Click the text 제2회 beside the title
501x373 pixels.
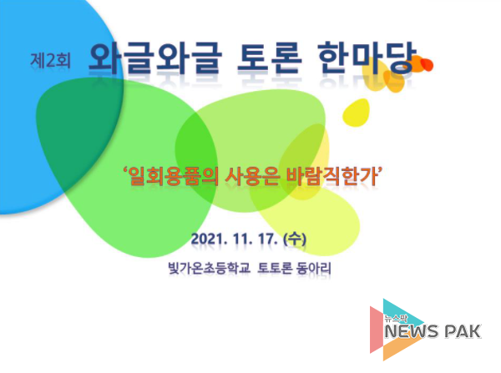coord(50,60)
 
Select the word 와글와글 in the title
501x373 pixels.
coord(155,58)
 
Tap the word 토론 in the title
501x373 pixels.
coord(270,58)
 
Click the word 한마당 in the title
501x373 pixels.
coord(367,58)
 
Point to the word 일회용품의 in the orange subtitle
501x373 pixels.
coord(174,176)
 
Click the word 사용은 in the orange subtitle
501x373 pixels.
coord(252,176)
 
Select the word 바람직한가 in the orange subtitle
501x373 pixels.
coord(331,176)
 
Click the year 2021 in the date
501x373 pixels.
coord(208,239)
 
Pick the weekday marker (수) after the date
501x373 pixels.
coord(295,239)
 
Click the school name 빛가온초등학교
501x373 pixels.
coord(209,268)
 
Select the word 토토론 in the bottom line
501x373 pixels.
coord(275,268)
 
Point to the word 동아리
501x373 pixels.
coord(313,268)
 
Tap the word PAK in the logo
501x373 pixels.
coord(463,331)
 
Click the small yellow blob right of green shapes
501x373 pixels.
coord(357,113)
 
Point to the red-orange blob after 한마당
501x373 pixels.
coord(426,64)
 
